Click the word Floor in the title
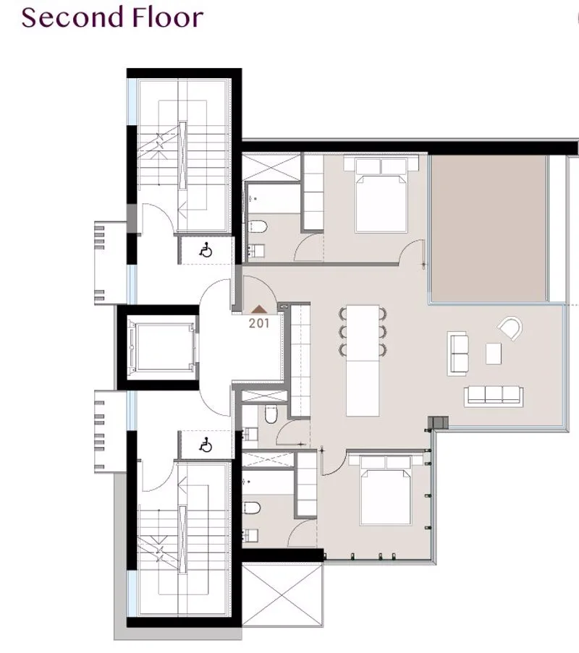click(x=167, y=17)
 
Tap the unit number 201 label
click(x=259, y=323)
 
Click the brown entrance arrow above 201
click(x=259, y=309)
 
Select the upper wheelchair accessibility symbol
click(x=206, y=251)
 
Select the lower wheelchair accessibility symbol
click(x=206, y=445)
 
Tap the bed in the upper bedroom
click(x=381, y=194)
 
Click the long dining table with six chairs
click(x=363, y=361)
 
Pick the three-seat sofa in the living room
click(x=494, y=396)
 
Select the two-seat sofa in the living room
click(x=457, y=353)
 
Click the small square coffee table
click(x=494, y=354)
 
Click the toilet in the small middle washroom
click(x=271, y=414)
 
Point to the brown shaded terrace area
click(x=489, y=228)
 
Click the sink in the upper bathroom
click(x=255, y=251)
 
